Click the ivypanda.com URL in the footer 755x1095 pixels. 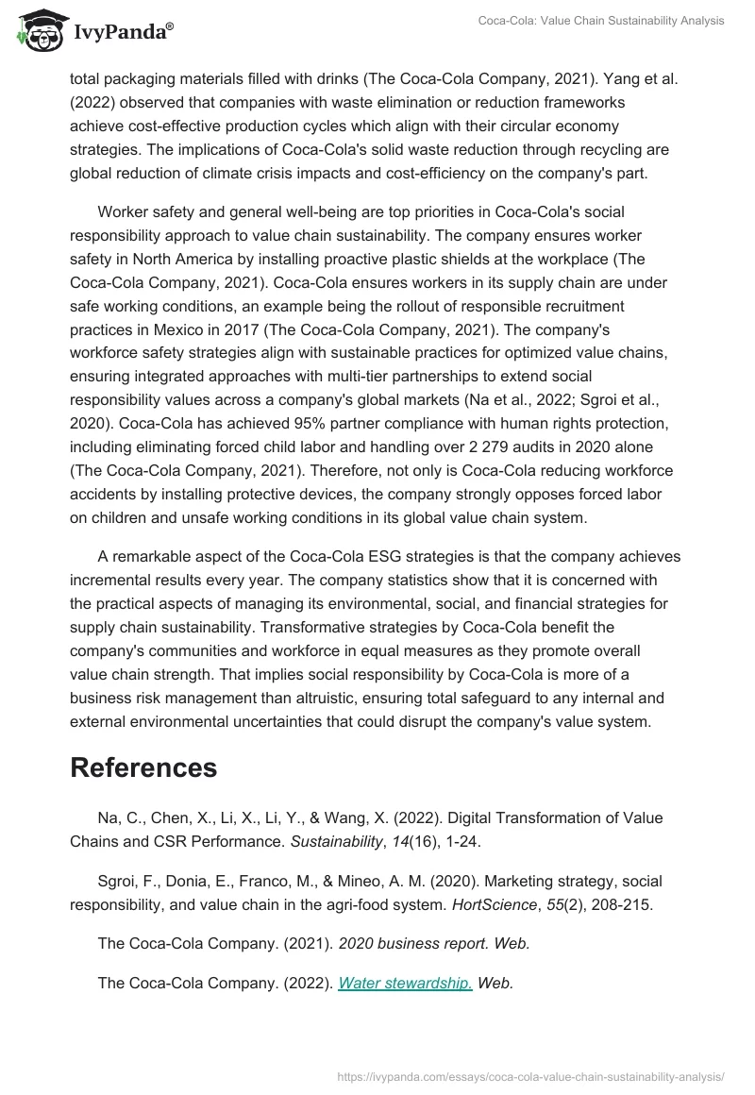(x=530, y=1075)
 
